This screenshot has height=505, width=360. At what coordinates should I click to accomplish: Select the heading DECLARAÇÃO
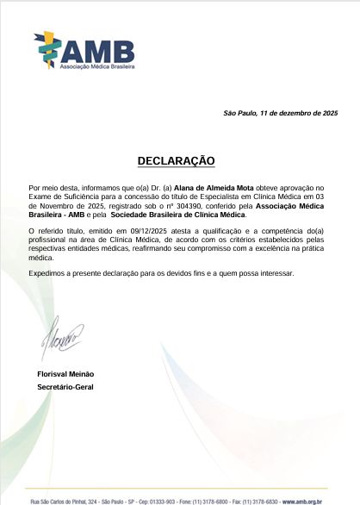(x=177, y=161)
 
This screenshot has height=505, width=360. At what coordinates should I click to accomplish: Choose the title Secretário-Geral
(x=65, y=387)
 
